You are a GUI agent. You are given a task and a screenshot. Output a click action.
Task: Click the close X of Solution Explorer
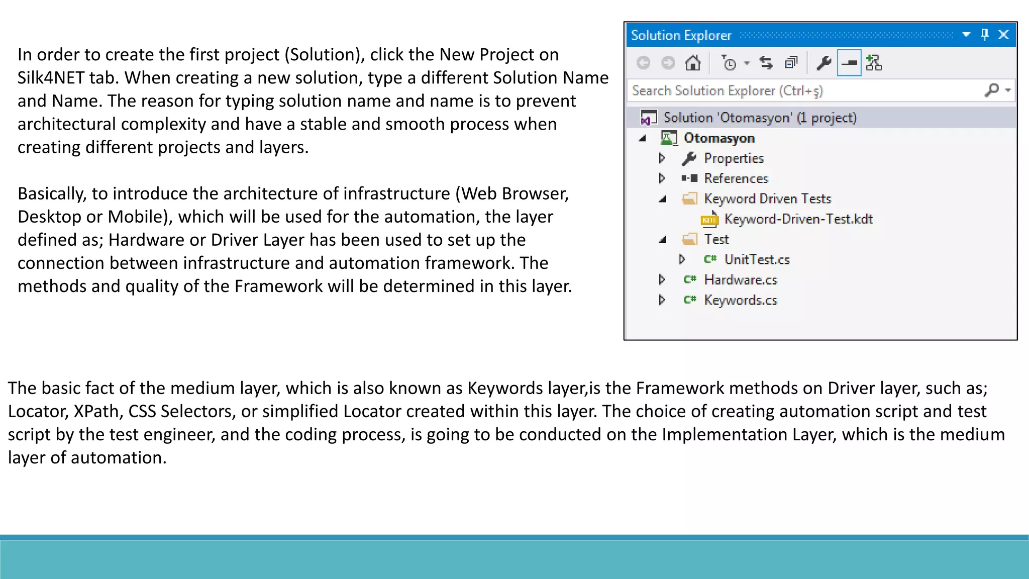pos(1003,35)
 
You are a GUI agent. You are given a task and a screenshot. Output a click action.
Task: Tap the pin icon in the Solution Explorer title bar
pos(984,35)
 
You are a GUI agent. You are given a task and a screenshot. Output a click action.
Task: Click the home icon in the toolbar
pos(693,63)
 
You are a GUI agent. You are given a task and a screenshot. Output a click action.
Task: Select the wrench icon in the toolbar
pos(824,63)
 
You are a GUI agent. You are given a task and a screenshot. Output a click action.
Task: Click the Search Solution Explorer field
pos(804,91)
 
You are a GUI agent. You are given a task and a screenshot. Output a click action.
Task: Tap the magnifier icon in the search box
pos(992,90)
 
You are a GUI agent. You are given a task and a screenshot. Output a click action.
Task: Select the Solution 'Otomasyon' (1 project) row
pos(760,118)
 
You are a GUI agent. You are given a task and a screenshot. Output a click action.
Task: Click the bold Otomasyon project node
pos(719,138)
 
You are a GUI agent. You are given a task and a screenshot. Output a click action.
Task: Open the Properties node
pos(734,158)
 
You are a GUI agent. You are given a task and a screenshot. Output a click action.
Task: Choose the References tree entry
pos(736,178)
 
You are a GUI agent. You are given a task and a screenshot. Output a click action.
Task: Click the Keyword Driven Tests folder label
pos(767,199)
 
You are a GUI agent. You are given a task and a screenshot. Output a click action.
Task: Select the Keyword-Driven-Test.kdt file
pos(798,219)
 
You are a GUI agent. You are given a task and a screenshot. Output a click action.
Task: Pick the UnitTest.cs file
pos(757,260)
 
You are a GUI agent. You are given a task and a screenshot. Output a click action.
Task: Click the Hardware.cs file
pos(741,280)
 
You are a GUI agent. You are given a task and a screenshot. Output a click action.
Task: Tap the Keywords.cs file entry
pos(741,301)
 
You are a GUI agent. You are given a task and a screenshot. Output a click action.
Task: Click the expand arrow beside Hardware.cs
pos(662,280)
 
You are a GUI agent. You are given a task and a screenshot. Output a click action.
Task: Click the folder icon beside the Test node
pos(690,239)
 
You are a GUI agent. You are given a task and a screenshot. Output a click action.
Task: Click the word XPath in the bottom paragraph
pos(98,412)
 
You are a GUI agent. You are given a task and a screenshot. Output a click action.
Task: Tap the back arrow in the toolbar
pos(643,63)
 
